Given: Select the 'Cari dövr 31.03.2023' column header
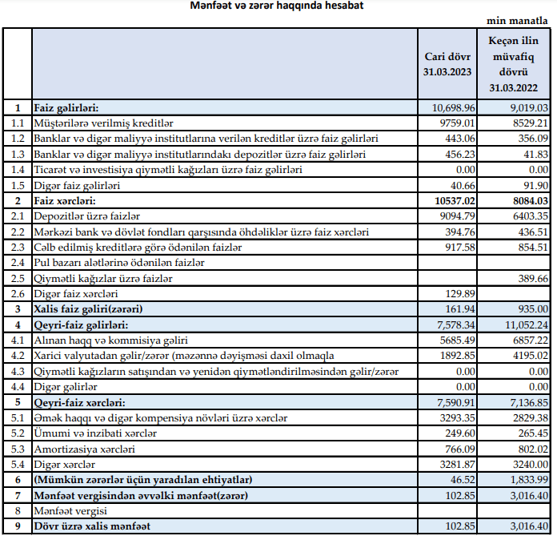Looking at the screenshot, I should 448,65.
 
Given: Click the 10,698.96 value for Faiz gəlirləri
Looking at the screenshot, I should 454,107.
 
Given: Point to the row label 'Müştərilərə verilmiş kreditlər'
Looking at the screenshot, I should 104,123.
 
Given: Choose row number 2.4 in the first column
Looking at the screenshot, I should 17,262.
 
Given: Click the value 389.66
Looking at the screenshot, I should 531,278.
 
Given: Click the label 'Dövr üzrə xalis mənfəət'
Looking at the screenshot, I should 91,526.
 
